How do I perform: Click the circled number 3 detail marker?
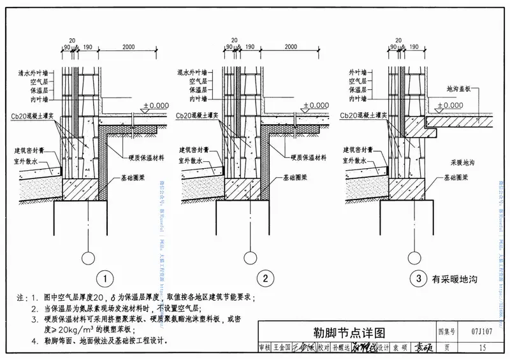pos(416,278)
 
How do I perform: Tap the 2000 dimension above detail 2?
pos(291,47)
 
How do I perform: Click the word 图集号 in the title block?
pos(447,332)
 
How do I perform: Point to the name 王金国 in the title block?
pos(283,348)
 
